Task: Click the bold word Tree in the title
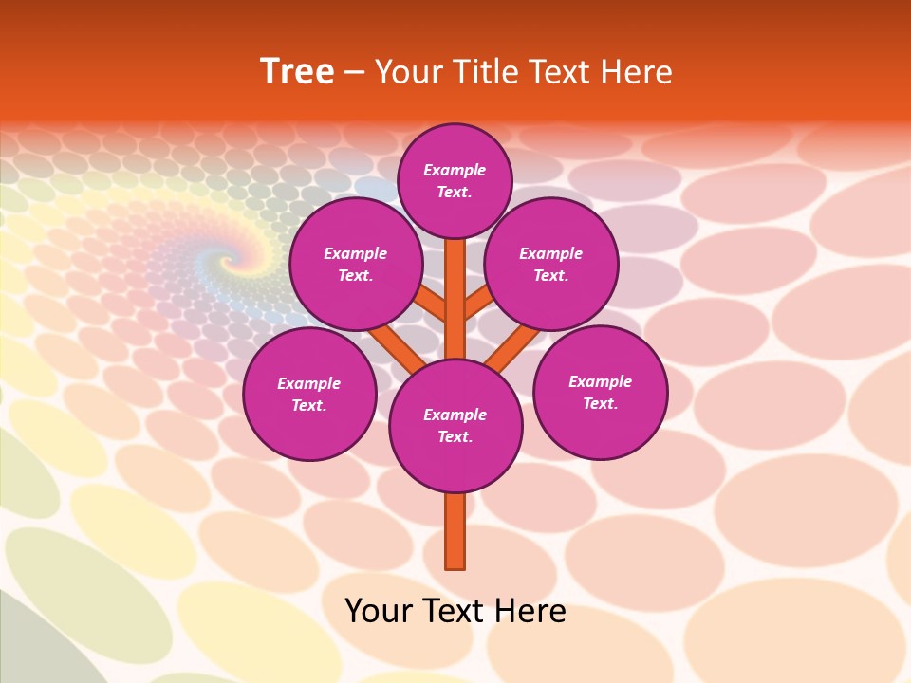click(x=297, y=71)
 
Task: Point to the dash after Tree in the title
click(x=355, y=73)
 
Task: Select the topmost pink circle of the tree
click(x=455, y=180)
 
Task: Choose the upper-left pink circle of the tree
click(x=355, y=264)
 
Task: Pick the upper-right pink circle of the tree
click(x=551, y=264)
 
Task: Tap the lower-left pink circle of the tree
click(x=309, y=395)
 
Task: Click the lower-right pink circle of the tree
click(x=601, y=392)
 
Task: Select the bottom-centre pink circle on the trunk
click(x=455, y=426)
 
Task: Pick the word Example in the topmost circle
click(x=455, y=170)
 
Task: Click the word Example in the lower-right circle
click(x=600, y=381)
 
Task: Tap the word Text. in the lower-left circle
click(x=309, y=405)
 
